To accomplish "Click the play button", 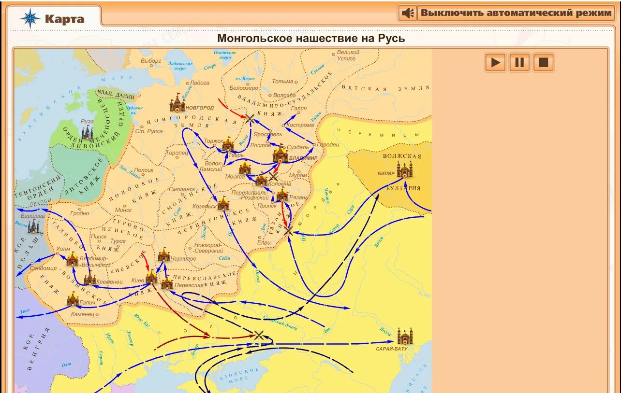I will [495, 62].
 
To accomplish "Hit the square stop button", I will [543, 62].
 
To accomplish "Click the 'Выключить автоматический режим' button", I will [516, 13].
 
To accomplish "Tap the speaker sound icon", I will [408, 13].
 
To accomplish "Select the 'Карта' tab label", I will [64, 19].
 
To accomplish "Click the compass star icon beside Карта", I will [30, 18].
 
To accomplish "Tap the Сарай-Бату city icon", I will [404, 336].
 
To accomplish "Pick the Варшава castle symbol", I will [33, 226].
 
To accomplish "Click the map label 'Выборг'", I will [151, 61].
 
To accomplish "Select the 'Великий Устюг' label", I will [346, 55].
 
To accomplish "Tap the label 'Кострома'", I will [300, 125].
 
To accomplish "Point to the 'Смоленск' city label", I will [182, 189].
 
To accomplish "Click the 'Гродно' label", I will [79, 213].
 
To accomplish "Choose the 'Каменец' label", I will [82, 314].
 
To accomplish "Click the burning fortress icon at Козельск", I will [223, 203].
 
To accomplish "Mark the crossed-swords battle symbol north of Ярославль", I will [250, 119].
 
